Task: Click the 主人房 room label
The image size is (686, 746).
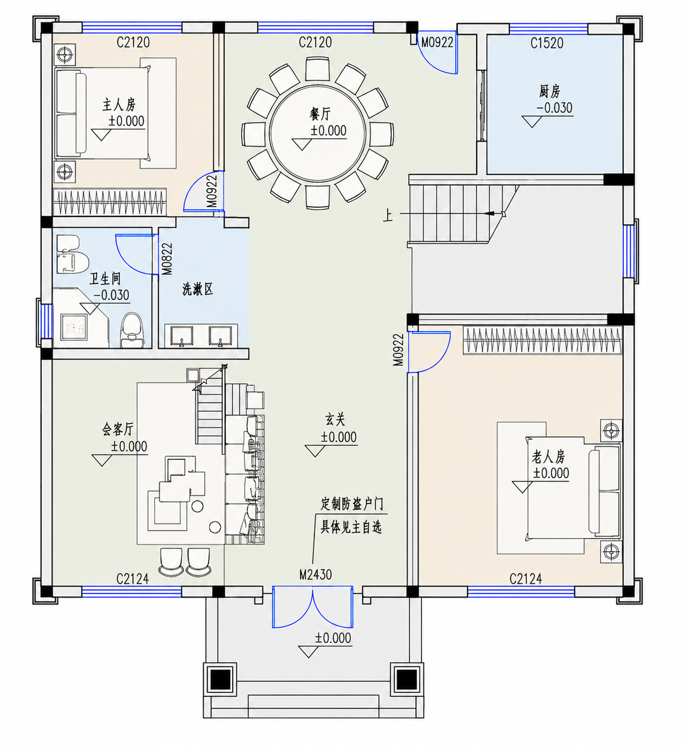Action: point(119,105)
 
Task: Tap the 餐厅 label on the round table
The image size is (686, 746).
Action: point(319,114)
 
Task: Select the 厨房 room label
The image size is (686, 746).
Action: point(549,91)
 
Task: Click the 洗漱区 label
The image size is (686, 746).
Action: point(198,289)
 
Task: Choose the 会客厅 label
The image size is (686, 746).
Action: point(117,430)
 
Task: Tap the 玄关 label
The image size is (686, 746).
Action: point(335,420)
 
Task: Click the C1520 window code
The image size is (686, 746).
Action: point(547,43)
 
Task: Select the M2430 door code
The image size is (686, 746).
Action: point(315,575)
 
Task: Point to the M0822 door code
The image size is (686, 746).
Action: point(167,259)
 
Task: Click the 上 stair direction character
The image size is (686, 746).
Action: point(388,216)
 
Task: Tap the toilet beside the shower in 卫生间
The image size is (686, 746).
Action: point(131,329)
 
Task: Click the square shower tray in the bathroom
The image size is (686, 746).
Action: point(74,329)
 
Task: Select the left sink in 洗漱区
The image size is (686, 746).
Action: point(179,336)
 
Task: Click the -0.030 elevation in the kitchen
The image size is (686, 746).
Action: point(555,108)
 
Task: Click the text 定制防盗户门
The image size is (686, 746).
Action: point(352,505)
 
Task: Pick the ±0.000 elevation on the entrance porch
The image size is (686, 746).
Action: point(333,638)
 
